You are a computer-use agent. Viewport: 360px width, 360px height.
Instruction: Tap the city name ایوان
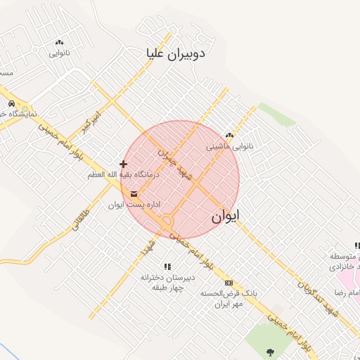click(x=225, y=217)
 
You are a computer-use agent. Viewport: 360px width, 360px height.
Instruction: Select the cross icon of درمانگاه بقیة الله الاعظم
click(x=124, y=164)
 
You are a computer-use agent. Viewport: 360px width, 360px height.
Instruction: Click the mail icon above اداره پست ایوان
click(x=134, y=194)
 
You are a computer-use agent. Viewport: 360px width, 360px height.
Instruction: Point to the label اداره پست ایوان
click(x=135, y=205)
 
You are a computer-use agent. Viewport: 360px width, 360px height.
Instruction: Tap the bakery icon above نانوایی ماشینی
click(x=229, y=136)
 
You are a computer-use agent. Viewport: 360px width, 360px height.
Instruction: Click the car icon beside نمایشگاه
click(x=11, y=104)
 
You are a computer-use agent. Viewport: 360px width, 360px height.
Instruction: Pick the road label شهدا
click(x=146, y=246)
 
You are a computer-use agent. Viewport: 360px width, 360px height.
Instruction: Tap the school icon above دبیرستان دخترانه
click(x=167, y=266)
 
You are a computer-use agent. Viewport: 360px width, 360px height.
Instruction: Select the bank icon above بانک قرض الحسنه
click(x=228, y=283)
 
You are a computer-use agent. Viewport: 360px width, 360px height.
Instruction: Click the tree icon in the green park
click(x=270, y=352)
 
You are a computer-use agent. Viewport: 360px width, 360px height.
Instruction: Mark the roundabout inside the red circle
click(x=167, y=222)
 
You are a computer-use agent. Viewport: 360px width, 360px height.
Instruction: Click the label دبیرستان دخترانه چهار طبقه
click(x=166, y=282)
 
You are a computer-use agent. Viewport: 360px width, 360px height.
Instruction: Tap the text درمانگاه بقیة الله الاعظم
click(x=124, y=174)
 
